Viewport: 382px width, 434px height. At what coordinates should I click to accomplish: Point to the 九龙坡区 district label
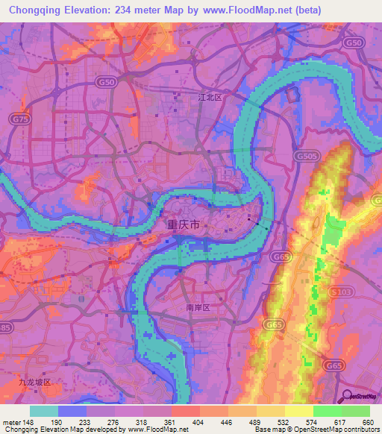point(35,382)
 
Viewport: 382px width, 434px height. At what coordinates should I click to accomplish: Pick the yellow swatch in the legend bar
point(298,411)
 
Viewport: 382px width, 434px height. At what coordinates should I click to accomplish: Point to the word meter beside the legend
point(13,421)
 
